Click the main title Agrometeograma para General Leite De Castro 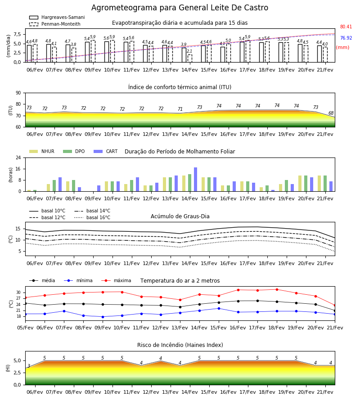pos(180,8)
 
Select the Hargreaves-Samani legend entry pos(57,17)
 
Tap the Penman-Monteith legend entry pos(55,24)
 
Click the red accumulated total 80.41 pos(346,27)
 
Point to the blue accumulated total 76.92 pos(346,38)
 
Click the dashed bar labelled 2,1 pos(190,58)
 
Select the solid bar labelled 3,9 pos(184,55)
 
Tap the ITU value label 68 pos(331,113)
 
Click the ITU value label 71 pos(180,109)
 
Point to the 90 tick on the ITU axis pos(18,93)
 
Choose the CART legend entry pos(106,151)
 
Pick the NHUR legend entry pos(42,151)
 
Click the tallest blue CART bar pos(195,180)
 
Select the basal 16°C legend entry pos(92,217)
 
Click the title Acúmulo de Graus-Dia pos(180,216)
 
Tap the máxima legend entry pos(116,280)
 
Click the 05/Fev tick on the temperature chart pos(25,328)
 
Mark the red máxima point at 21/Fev pos(335,305)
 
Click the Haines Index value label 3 pos(29,366)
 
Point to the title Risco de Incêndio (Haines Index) pos(180,345)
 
